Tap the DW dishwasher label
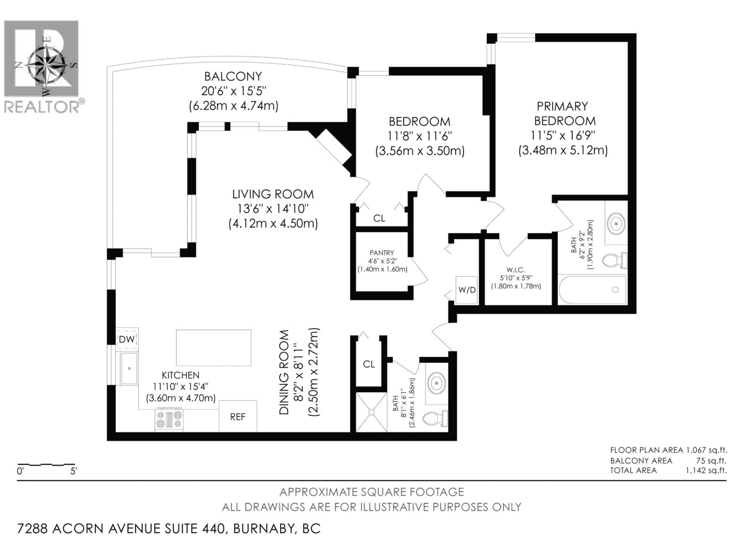pyautogui.click(x=127, y=339)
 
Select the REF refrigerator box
pyautogui.click(x=238, y=416)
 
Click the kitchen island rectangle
pyautogui.click(x=214, y=348)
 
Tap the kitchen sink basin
pyautogui.click(x=129, y=368)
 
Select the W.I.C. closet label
pyautogui.click(x=516, y=270)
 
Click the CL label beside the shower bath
pyautogui.click(x=369, y=364)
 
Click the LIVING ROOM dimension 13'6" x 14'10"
pyautogui.click(x=273, y=209)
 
